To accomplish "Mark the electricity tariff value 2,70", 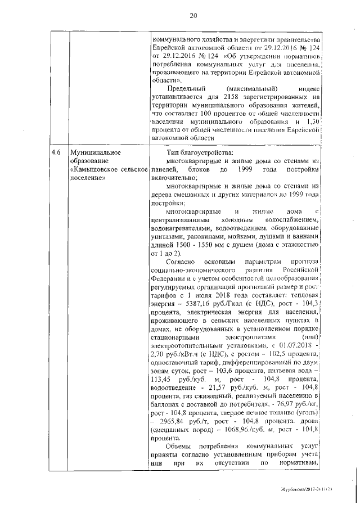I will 159,352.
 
